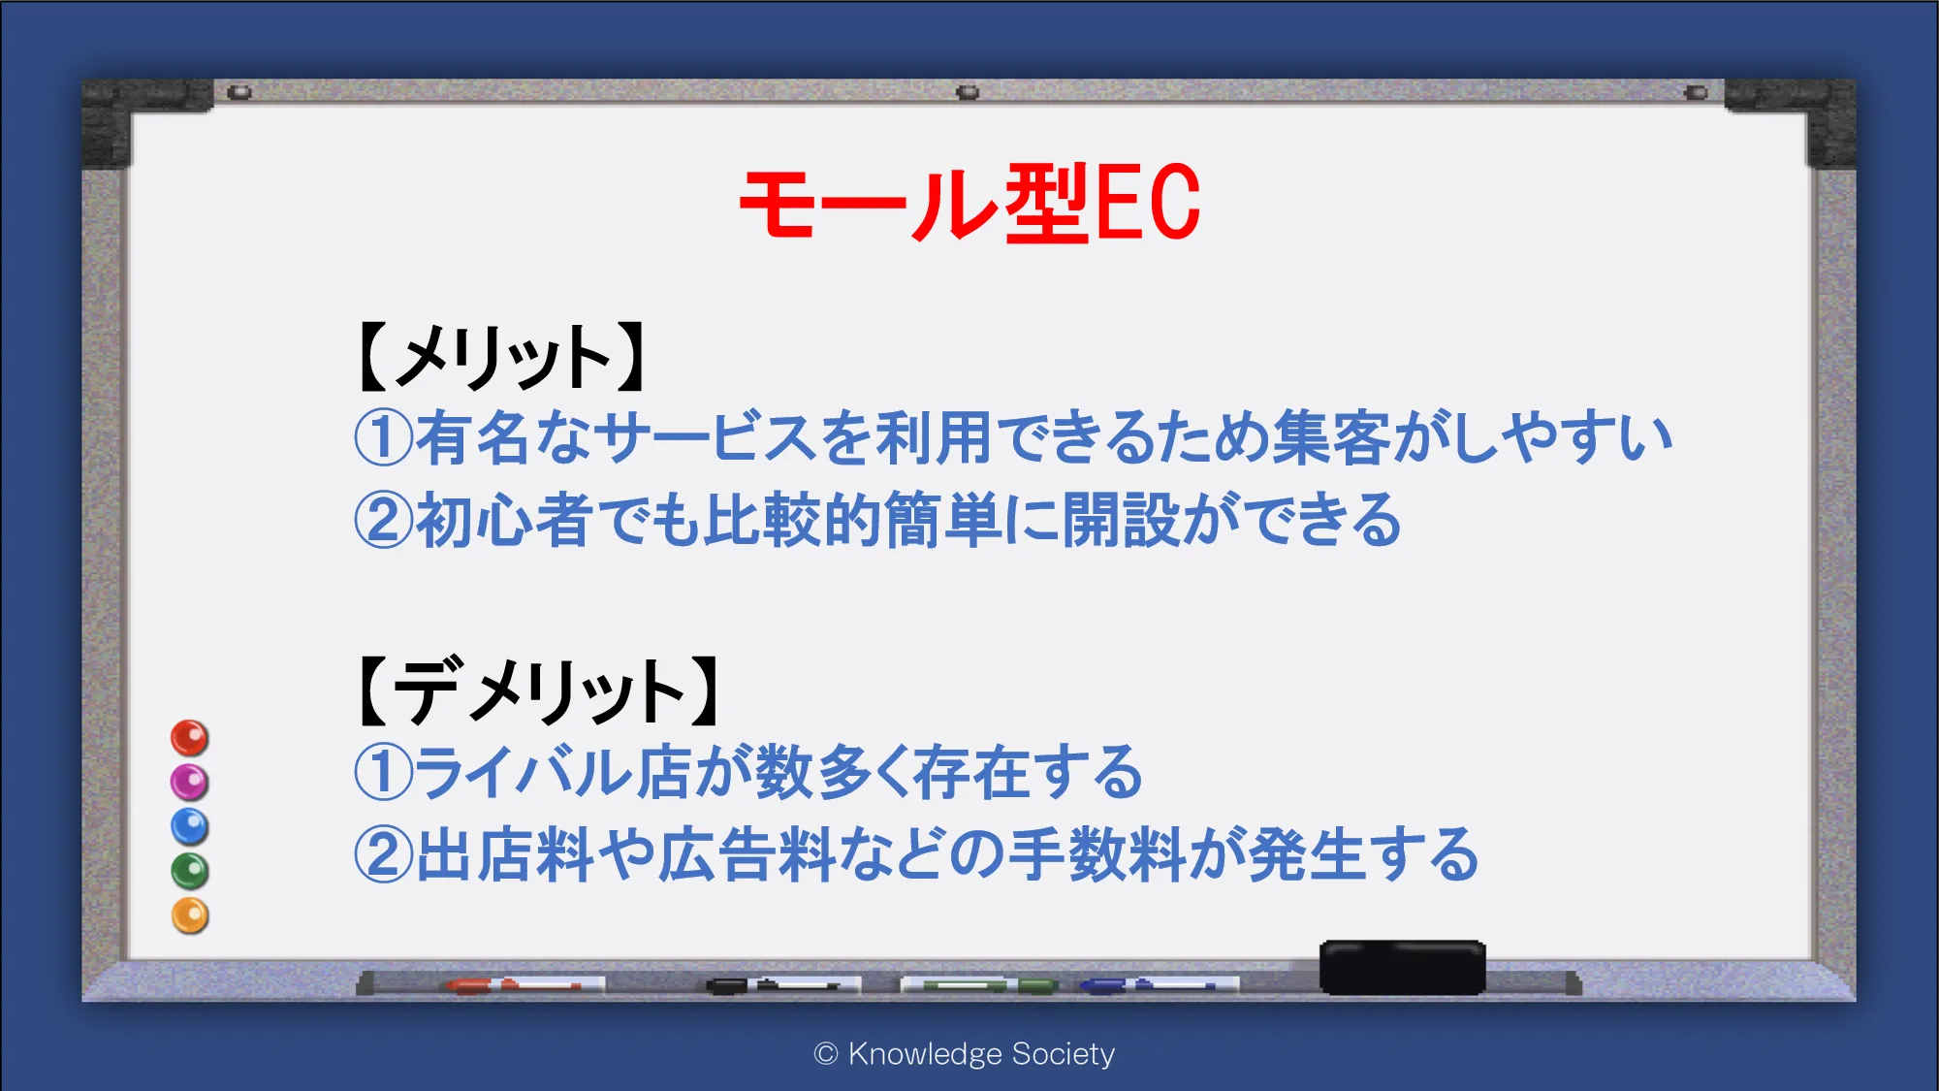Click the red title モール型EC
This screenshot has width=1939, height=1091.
pyautogui.click(x=969, y=203)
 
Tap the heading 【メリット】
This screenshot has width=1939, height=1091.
pyautogui.click(x=501, y=357)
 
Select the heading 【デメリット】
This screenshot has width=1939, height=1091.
pyautogui.click(x=539, y=690)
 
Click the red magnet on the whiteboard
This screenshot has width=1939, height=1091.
pyautogui.click(x=190, y=738)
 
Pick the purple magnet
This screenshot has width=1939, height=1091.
pyautogui.click(x=190, y=782)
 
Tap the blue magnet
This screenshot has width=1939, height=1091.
pyautogui.click(x=190, y=826)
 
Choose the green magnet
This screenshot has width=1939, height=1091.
pyautogui.click(x=190, y=871)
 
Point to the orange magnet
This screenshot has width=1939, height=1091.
pyautogui.click(x=190, y=915)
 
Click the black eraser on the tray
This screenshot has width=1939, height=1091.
pyautogui.click(x=1403, y=967)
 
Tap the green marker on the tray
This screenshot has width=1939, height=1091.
pyautogui.click(x=979, y=985)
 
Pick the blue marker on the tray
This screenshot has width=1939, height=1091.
pyautogui.click(x=1160, y=985)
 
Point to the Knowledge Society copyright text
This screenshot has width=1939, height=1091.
pyautogui.click(x=965, y=1054)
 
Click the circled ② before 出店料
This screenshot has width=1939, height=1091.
pyautogui.click(x=384, y=855)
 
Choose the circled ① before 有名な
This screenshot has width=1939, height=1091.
pyautogui.click(x=384, y=437)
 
